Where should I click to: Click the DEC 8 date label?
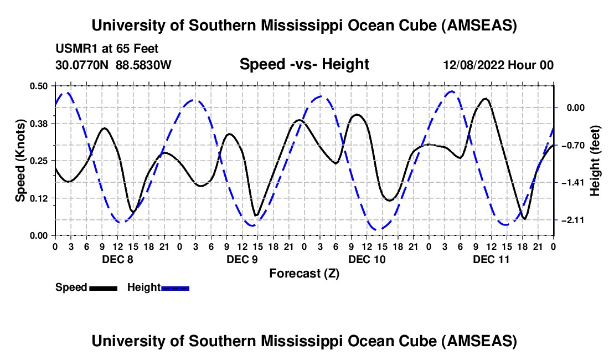point(117,259)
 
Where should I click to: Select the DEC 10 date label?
point(366,259)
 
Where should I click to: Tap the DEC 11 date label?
point(491,259)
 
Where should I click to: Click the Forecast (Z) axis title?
point(304,273)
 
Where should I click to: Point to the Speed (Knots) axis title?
point(20,160)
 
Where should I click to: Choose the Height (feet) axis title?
point(596,160)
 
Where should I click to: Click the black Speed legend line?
point(103,288)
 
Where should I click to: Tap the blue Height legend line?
point(175,288)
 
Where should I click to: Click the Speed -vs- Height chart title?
point(304,64)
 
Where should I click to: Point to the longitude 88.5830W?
point(144,65)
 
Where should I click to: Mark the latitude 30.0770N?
point(83,65)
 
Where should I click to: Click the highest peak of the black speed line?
point(486,99)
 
